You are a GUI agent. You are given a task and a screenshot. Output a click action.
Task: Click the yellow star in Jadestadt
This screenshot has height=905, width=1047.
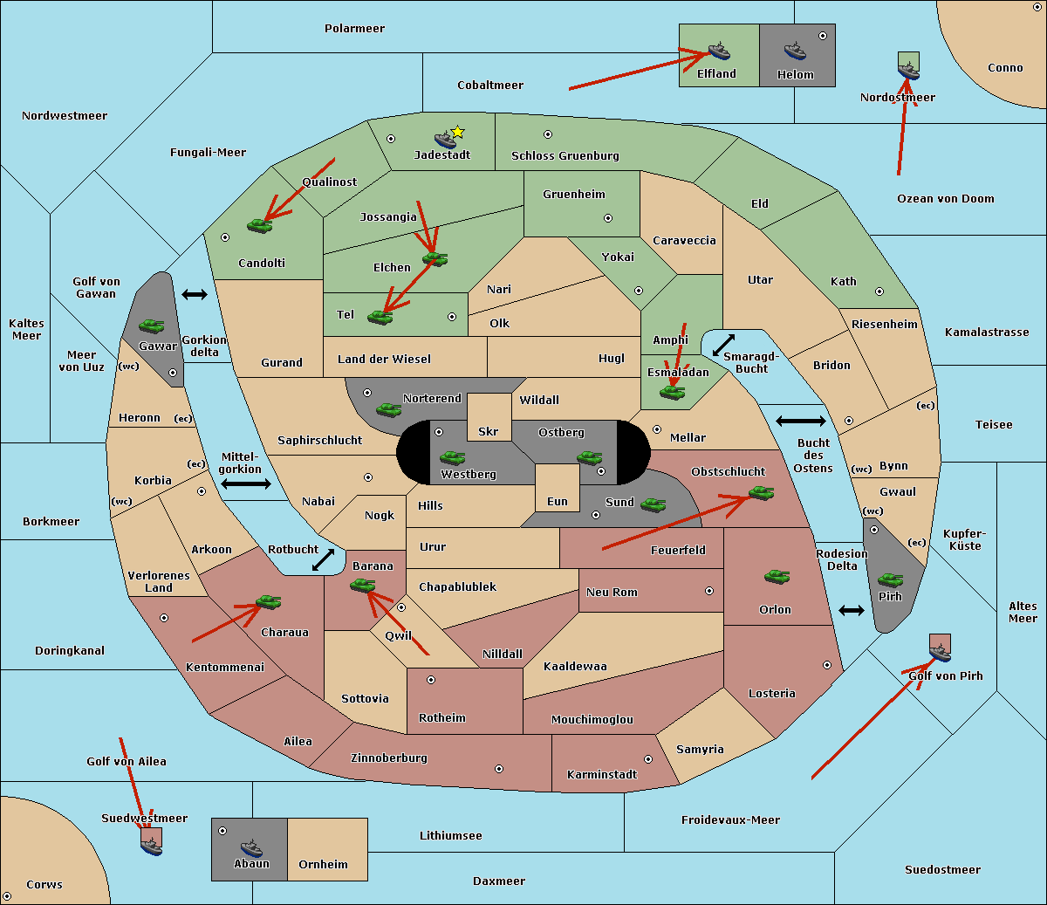(457, 132)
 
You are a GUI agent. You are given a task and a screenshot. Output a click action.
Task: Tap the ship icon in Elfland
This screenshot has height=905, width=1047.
(719, 51)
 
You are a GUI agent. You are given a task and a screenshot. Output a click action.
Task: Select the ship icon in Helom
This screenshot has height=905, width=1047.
(794, 51)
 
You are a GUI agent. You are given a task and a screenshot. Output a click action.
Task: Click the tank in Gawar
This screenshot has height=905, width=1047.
(152, 326)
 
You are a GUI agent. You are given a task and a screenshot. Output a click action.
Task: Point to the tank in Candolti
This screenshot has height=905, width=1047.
(259, 225)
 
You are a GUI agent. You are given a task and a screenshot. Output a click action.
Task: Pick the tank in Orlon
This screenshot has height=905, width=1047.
(777, 577)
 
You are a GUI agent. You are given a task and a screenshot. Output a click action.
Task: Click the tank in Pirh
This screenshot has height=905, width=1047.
(890, 580)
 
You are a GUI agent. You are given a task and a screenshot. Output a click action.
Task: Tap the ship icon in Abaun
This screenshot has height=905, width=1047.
(251, 847)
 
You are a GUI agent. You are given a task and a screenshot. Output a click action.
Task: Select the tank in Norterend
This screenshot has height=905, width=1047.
(388, 409)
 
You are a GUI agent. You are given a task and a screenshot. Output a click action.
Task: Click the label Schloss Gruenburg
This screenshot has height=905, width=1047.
(565, 156)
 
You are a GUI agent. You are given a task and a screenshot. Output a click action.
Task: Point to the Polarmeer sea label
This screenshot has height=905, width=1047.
(354, 29)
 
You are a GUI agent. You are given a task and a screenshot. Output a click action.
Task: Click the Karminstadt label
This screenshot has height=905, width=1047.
(602, 775)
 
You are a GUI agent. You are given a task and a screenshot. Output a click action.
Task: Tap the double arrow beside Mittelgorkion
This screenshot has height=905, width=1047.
(246, 484)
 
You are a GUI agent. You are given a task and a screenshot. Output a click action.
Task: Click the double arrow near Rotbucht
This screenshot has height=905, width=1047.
(323, 559)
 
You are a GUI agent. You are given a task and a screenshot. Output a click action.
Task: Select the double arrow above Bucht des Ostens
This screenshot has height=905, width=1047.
(800, 422)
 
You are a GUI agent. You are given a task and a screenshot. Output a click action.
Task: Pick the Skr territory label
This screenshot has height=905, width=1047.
(489, 431)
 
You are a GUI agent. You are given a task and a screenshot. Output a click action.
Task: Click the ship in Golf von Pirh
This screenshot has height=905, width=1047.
(940, 651)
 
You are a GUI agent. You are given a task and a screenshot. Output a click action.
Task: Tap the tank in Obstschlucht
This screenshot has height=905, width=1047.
(761, 493)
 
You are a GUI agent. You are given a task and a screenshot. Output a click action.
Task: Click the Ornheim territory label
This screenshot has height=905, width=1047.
(323, 865)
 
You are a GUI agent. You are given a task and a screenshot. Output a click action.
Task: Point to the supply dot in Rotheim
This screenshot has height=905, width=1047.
(431, 680)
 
